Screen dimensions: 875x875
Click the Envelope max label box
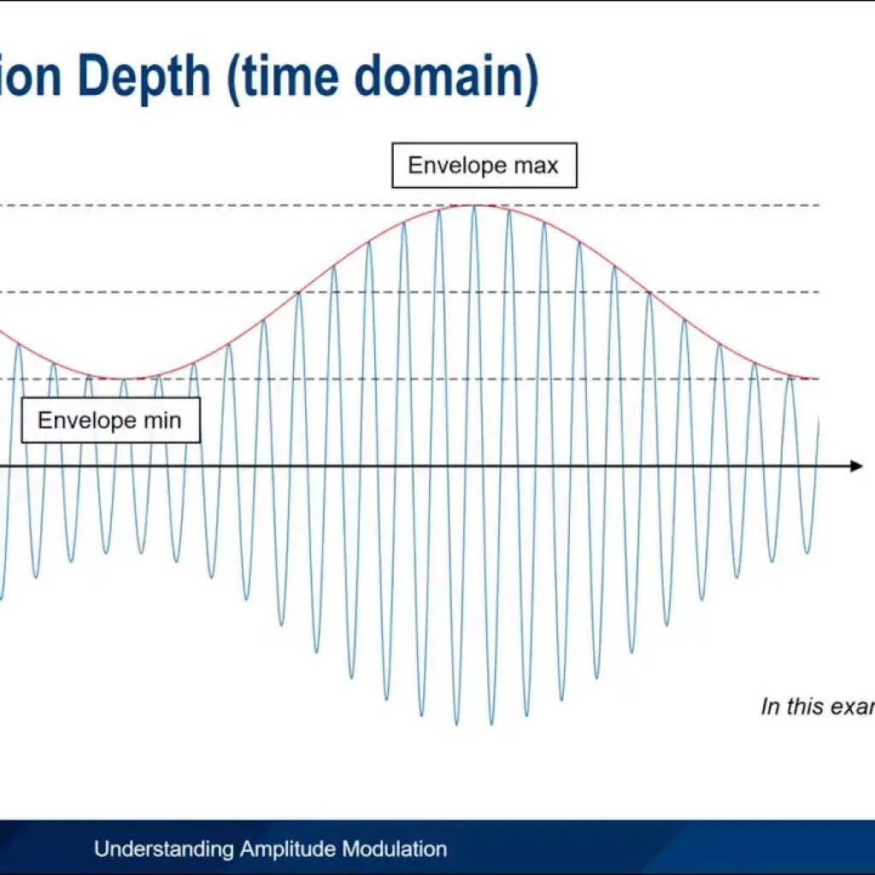coord(484,166)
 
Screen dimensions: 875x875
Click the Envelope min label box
coord(110,420)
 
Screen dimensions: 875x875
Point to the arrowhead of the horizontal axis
coord(857,466)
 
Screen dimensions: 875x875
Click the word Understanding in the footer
coord(162,849)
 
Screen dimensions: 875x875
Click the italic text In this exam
coord(817,707)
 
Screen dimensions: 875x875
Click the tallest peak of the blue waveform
coord(473,207)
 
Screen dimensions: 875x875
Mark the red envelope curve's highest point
coord(473,205)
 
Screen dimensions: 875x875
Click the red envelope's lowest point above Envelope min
coord(124,379)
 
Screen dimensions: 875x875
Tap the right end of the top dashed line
coord(819,206)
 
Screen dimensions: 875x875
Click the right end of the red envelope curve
coord(816,379)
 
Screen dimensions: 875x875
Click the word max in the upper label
coord(536,166)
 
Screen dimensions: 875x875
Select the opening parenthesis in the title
coord(233,77)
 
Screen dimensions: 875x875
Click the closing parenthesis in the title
coord(530,77)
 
